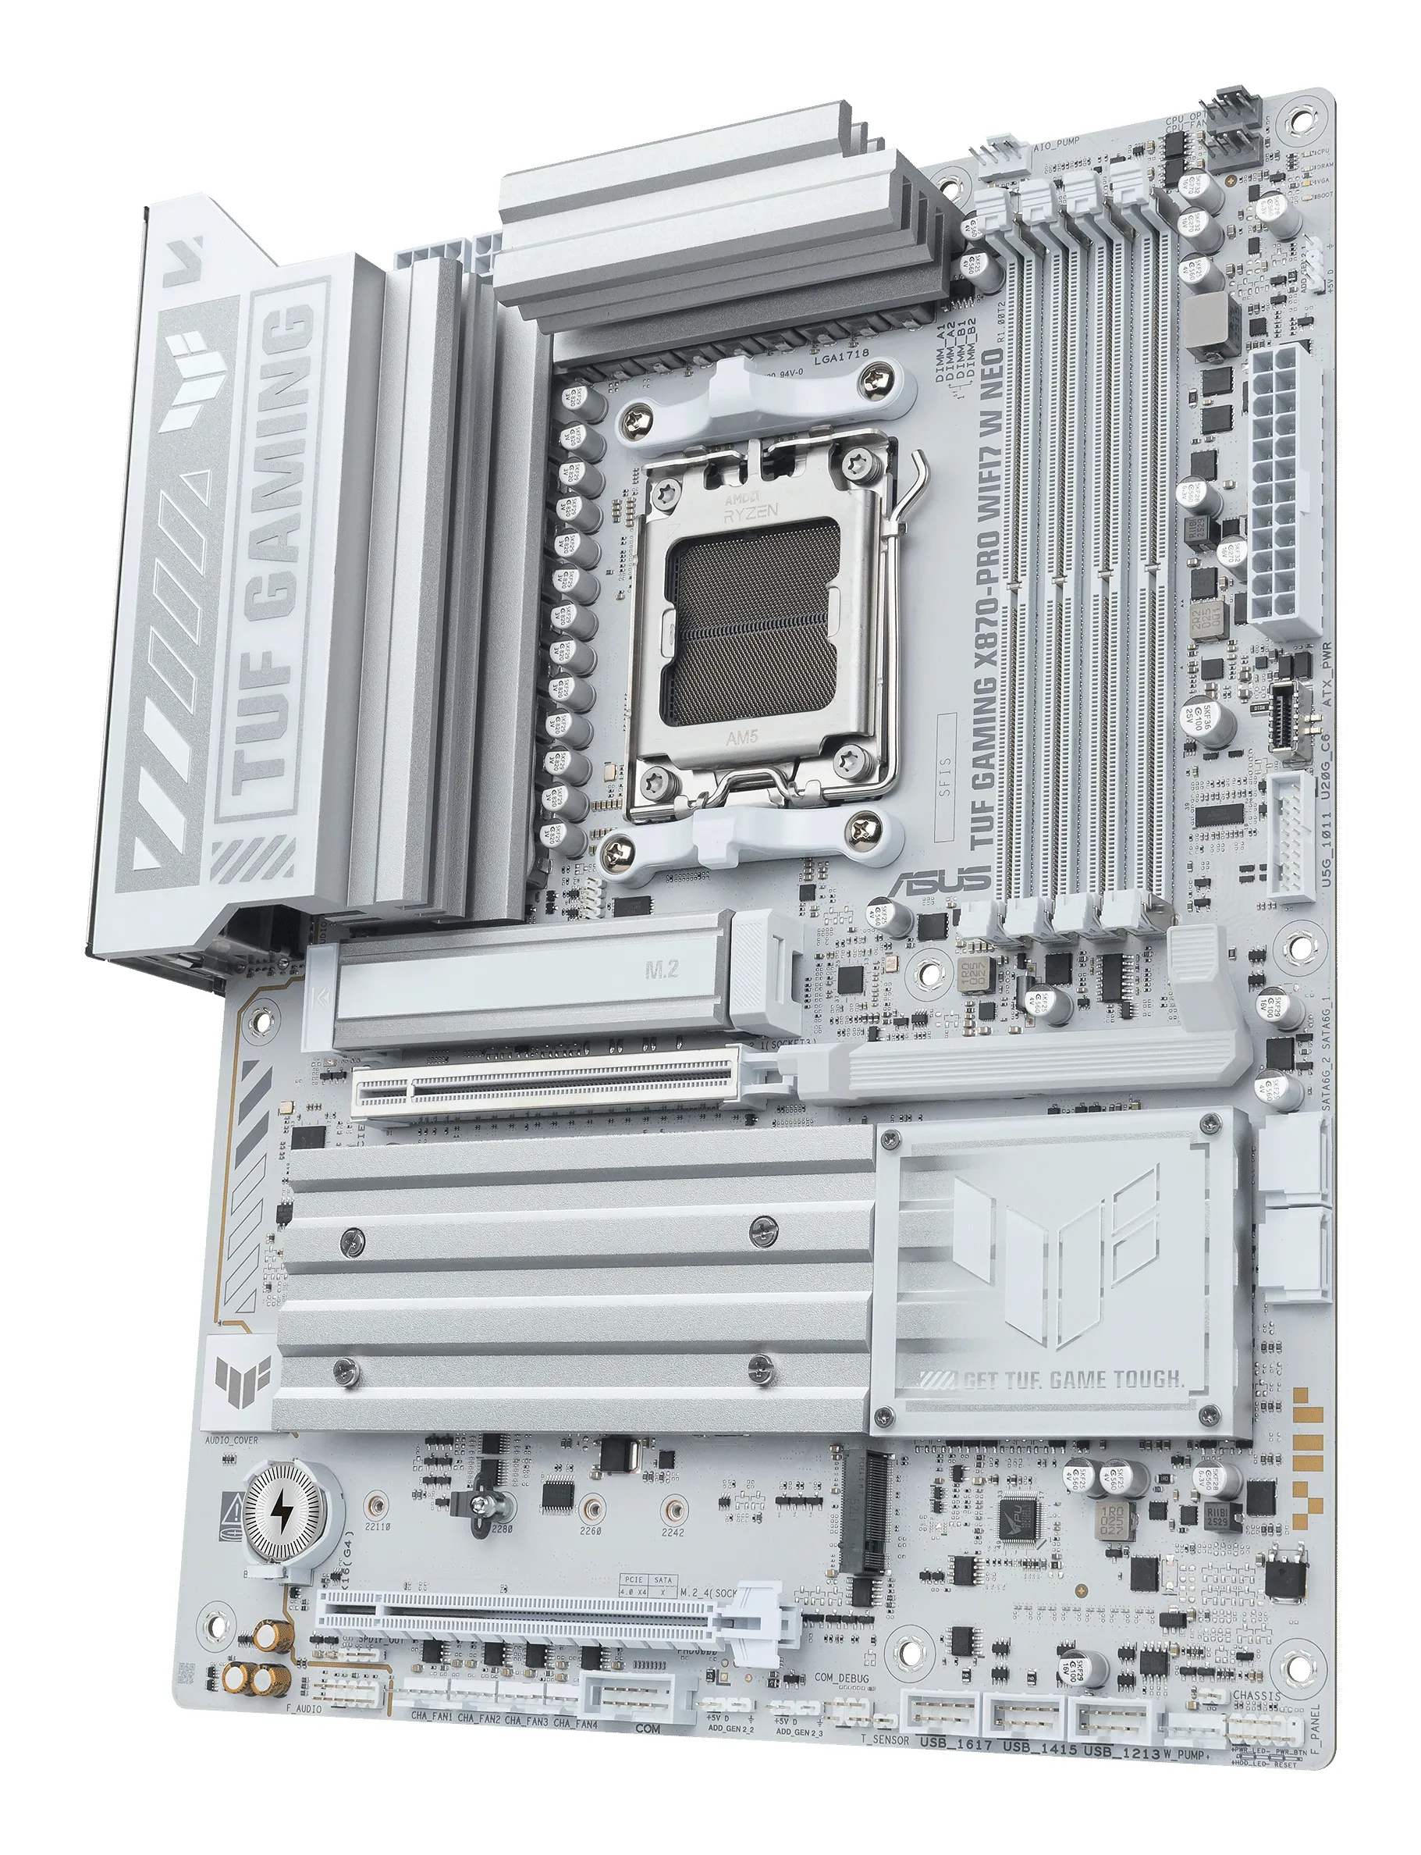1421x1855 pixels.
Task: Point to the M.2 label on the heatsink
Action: click(x=662, y=968)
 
